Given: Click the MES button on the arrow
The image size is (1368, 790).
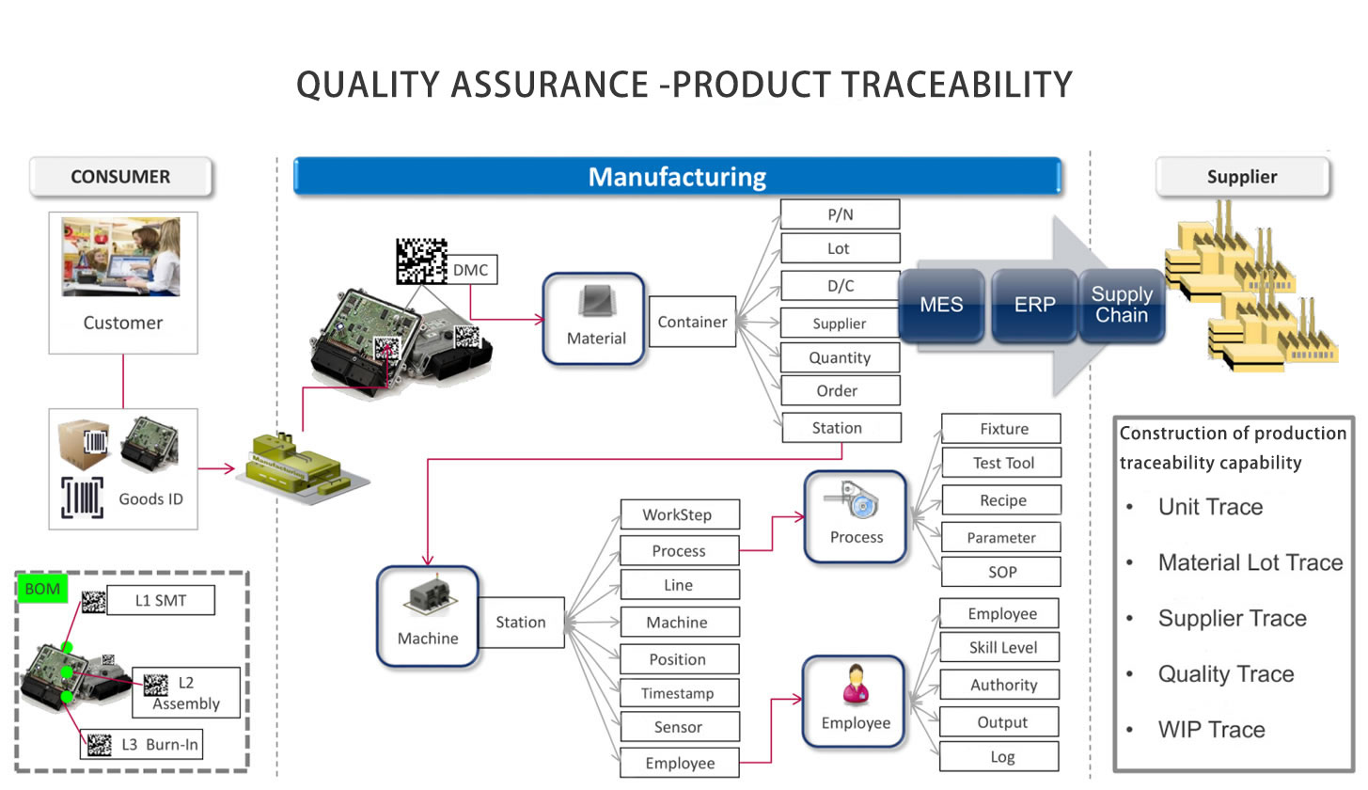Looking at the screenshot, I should point(941,305).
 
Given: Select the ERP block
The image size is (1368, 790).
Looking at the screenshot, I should point(1033,305).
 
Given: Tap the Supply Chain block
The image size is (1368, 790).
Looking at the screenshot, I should point(1122,305).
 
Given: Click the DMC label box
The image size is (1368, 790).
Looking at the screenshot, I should point(471,271).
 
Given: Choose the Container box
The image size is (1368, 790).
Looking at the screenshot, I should point(692,322).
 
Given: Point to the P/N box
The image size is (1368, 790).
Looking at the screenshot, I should point(840,214).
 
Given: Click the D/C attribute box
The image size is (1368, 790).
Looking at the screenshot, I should point(840,286).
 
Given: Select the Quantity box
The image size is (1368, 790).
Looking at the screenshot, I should point(840,357).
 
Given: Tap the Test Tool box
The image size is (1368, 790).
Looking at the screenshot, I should point(1002,463).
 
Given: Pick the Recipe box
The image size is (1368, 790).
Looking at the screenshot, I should point(1002,500).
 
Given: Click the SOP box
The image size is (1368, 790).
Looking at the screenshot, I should point(1002,572).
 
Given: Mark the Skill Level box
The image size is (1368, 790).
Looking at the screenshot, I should point(1002,648).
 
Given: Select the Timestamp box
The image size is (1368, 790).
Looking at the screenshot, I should point(678,693).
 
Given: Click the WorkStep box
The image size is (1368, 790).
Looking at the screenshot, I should point(678,514).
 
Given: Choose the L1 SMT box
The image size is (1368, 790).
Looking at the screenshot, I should point(161,600).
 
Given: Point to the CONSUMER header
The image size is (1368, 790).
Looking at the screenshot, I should point(120,177).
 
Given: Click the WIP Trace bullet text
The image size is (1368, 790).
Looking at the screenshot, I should point(1211,730).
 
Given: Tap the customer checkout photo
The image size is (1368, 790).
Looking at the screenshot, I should point(121,257).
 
